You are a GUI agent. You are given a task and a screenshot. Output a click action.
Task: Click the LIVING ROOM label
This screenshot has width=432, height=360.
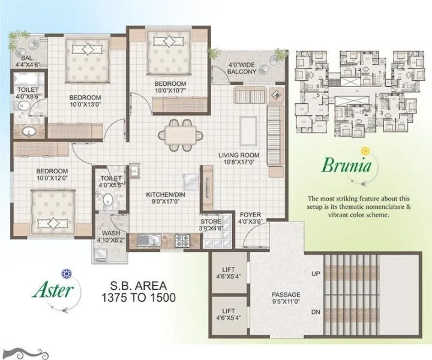[239, 155]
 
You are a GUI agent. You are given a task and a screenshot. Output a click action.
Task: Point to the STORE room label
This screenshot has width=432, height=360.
[211, 221]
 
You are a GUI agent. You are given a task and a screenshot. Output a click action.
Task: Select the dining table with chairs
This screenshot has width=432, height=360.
[176, 133]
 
